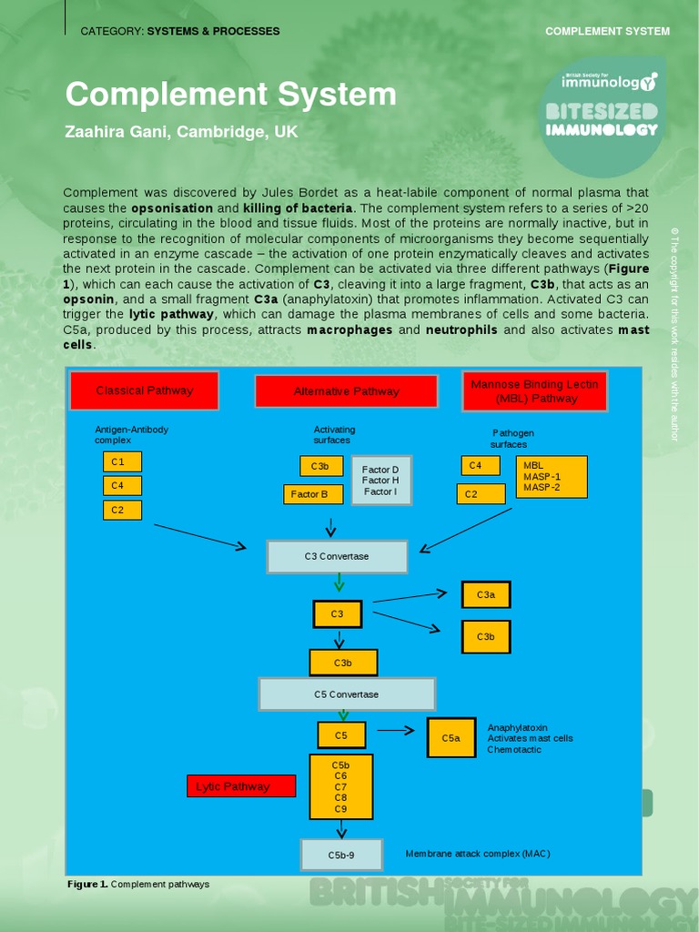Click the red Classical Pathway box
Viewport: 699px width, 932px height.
click(145, 390)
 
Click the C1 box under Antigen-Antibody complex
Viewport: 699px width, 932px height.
click(122, 461)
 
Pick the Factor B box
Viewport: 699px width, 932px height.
click(312, 494)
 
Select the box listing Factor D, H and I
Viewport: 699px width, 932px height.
click(380, 481)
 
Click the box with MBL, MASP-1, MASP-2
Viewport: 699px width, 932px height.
click(552, 477)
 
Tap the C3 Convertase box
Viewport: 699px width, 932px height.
click(337, 556)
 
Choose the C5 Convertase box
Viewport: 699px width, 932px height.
click(346, 694)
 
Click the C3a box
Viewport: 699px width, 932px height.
click(486, 595)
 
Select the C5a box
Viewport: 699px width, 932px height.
click(451, 738)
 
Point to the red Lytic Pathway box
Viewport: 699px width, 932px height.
click(241, 786)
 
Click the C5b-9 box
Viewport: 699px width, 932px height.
click(341, 856)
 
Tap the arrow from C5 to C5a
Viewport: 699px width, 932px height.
click(396, 729)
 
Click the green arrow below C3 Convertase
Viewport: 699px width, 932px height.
click(339, 582)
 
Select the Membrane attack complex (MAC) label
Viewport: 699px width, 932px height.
click(478, 854)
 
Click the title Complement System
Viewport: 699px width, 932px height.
click(230, 95)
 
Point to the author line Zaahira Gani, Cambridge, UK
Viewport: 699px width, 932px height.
click(181, 132)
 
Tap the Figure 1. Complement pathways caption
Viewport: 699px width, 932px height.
click(138, 884)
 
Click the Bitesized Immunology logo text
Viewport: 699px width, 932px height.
click(602, 120)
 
